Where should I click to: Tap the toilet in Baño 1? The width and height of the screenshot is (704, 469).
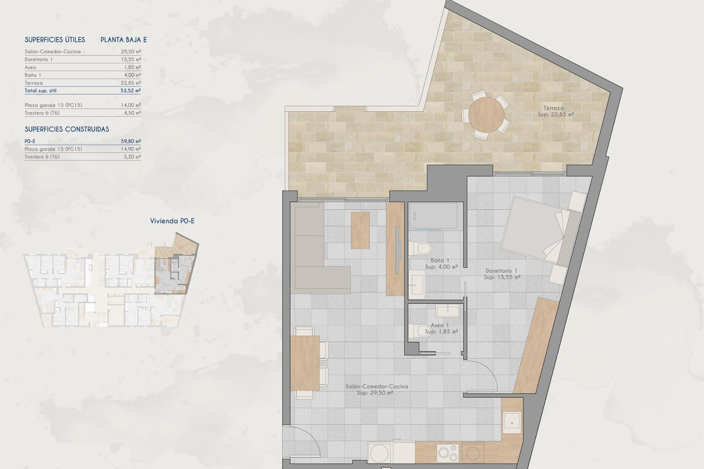coord(422,248)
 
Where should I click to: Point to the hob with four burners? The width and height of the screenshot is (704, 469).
coord(447,453)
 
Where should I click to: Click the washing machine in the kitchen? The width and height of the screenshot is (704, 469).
coord(380,453)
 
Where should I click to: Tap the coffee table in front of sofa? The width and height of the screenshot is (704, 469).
coord(360,230)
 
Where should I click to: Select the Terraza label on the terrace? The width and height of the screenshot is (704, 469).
coord(553,108)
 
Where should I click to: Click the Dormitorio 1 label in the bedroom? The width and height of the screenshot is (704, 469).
coord(501,271)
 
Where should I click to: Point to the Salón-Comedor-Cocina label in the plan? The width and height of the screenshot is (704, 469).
coord(376,386)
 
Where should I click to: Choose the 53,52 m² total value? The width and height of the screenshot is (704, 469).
coord(131,91)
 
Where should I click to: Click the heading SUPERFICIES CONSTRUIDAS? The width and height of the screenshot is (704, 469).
coord(67,129)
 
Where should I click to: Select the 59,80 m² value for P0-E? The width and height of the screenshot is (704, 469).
coord(131,141)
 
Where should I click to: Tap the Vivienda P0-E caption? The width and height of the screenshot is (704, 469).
coord(172,221)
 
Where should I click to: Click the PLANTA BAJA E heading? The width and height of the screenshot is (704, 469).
coord(124,40)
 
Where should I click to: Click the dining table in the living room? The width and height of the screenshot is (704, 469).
coord(305,363)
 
